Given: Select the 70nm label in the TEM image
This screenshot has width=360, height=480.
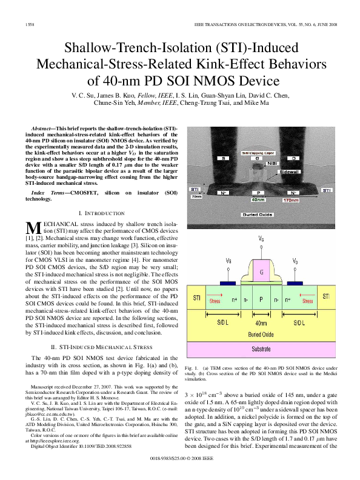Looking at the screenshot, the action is coord(196,196).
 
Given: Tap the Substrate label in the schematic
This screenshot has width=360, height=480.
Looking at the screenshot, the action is coord(261,349).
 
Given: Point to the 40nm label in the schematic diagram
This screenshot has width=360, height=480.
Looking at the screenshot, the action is coord(261,323).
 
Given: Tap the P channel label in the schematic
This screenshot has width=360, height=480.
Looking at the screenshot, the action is coord(261,299).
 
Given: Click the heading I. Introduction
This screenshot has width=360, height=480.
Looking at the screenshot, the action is coord(102,213).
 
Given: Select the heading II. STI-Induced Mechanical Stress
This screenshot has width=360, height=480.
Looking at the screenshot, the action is coord(102,347).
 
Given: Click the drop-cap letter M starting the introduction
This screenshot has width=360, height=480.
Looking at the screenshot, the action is coord(34,229).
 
